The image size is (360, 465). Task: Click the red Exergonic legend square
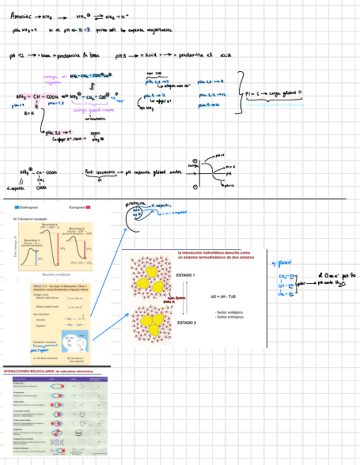pos(88,208)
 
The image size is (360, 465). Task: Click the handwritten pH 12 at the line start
pos(15,56)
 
